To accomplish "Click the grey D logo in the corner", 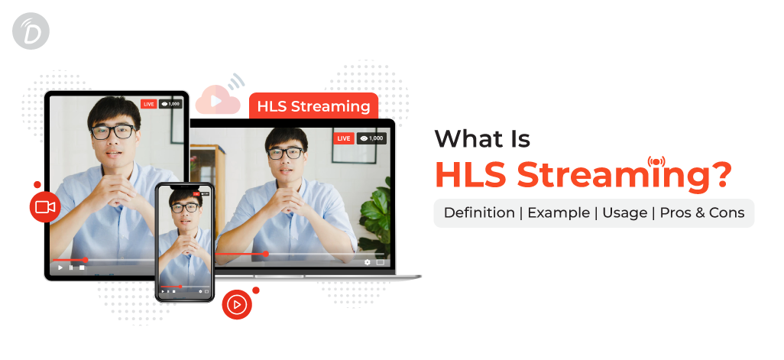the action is pos(31,31).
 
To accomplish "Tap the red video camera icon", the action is pos(45,206).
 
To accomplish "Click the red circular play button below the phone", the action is pos(237,304).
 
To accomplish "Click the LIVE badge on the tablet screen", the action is pos(148,104).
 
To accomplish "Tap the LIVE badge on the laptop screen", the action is pos(344,138).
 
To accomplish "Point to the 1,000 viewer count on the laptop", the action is pos(371,138).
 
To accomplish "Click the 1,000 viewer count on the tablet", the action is pos(170,104).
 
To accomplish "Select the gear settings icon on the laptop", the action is pos(368,262).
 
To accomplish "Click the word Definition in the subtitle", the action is pos(479,213).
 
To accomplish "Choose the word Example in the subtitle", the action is pos(559,213).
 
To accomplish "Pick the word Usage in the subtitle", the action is pos(624,213).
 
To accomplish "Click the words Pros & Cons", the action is pos(702,213).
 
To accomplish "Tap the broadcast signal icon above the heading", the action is pos(656,162).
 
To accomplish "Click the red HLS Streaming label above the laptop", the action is pos(313,106).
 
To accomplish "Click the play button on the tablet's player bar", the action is pos(60,268).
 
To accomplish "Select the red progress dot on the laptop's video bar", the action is pos(265,254).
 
